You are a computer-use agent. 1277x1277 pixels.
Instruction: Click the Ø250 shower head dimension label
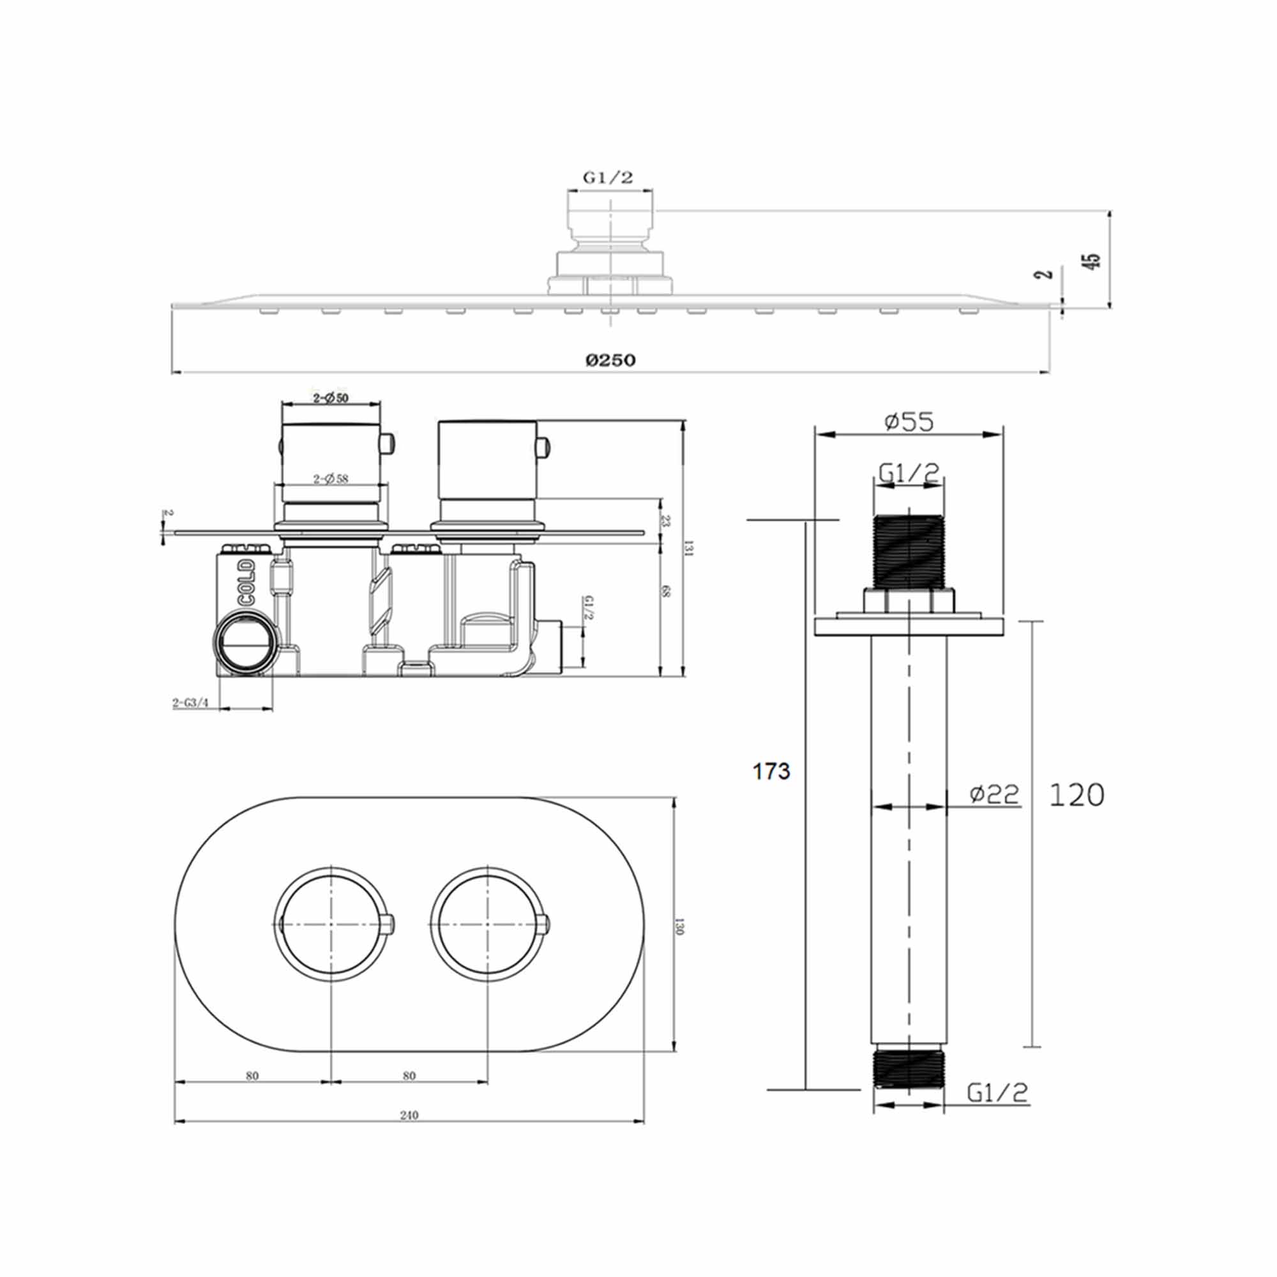[610, 359]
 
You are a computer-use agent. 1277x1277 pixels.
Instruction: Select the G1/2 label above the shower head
[607, 177]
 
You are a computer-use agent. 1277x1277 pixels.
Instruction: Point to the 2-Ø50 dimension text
[331, 398]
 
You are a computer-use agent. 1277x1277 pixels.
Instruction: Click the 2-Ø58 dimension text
[331, 478]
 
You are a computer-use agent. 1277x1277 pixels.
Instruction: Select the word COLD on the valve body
[247, 582]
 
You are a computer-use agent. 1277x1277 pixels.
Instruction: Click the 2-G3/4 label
[190, 702]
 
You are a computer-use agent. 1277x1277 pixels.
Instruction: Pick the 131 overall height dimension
[690, 548]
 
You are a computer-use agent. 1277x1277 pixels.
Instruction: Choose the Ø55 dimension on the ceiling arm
[909, 421]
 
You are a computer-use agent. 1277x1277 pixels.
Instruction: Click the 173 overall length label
[771, 771]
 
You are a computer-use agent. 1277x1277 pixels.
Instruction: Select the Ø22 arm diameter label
[994, 794]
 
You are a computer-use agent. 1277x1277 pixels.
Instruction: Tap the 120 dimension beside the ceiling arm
[1077, 795]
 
